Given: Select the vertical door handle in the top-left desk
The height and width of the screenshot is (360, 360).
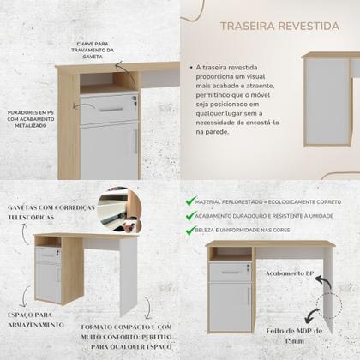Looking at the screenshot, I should [135, 141].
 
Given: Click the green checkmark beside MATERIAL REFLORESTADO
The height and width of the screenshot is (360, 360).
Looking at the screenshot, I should [190, 202].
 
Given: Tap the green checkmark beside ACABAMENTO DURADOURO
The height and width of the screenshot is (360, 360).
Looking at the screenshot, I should [190, 217].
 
